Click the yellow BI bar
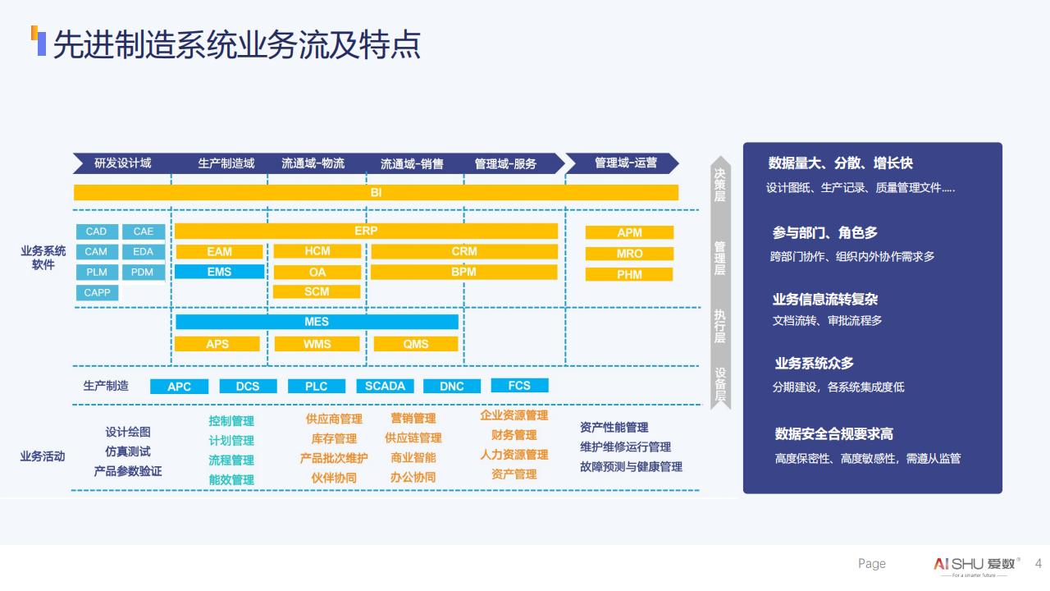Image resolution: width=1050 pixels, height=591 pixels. [376, 192]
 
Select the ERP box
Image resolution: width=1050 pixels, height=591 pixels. [366, 231]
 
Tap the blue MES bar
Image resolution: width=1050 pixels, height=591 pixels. [317, 322]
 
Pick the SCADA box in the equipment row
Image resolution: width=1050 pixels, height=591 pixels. [385, 386]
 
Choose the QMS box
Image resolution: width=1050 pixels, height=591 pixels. [416, 344]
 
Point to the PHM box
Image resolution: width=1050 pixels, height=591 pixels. [629, 274]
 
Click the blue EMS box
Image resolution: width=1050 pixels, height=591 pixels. [219, 272]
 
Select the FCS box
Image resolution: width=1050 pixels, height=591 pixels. [519, 385]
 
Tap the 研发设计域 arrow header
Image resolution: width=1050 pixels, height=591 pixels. [123, 163]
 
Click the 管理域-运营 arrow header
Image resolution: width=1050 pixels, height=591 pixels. [625, 163]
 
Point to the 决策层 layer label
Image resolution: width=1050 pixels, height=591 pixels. [719, 185]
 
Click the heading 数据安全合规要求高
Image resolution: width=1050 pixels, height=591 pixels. [833, 433]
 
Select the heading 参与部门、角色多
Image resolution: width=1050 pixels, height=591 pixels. [824, 233]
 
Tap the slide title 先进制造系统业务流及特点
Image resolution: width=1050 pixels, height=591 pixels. [236, 45]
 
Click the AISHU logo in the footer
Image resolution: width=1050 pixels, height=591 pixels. [976, 564]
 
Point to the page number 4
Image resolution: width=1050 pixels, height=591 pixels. [1039, 563]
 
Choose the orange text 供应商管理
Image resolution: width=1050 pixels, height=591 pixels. [334, 419]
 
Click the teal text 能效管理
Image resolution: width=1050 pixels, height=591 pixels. [231, 479]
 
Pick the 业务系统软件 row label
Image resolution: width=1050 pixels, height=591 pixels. [43, 258]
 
